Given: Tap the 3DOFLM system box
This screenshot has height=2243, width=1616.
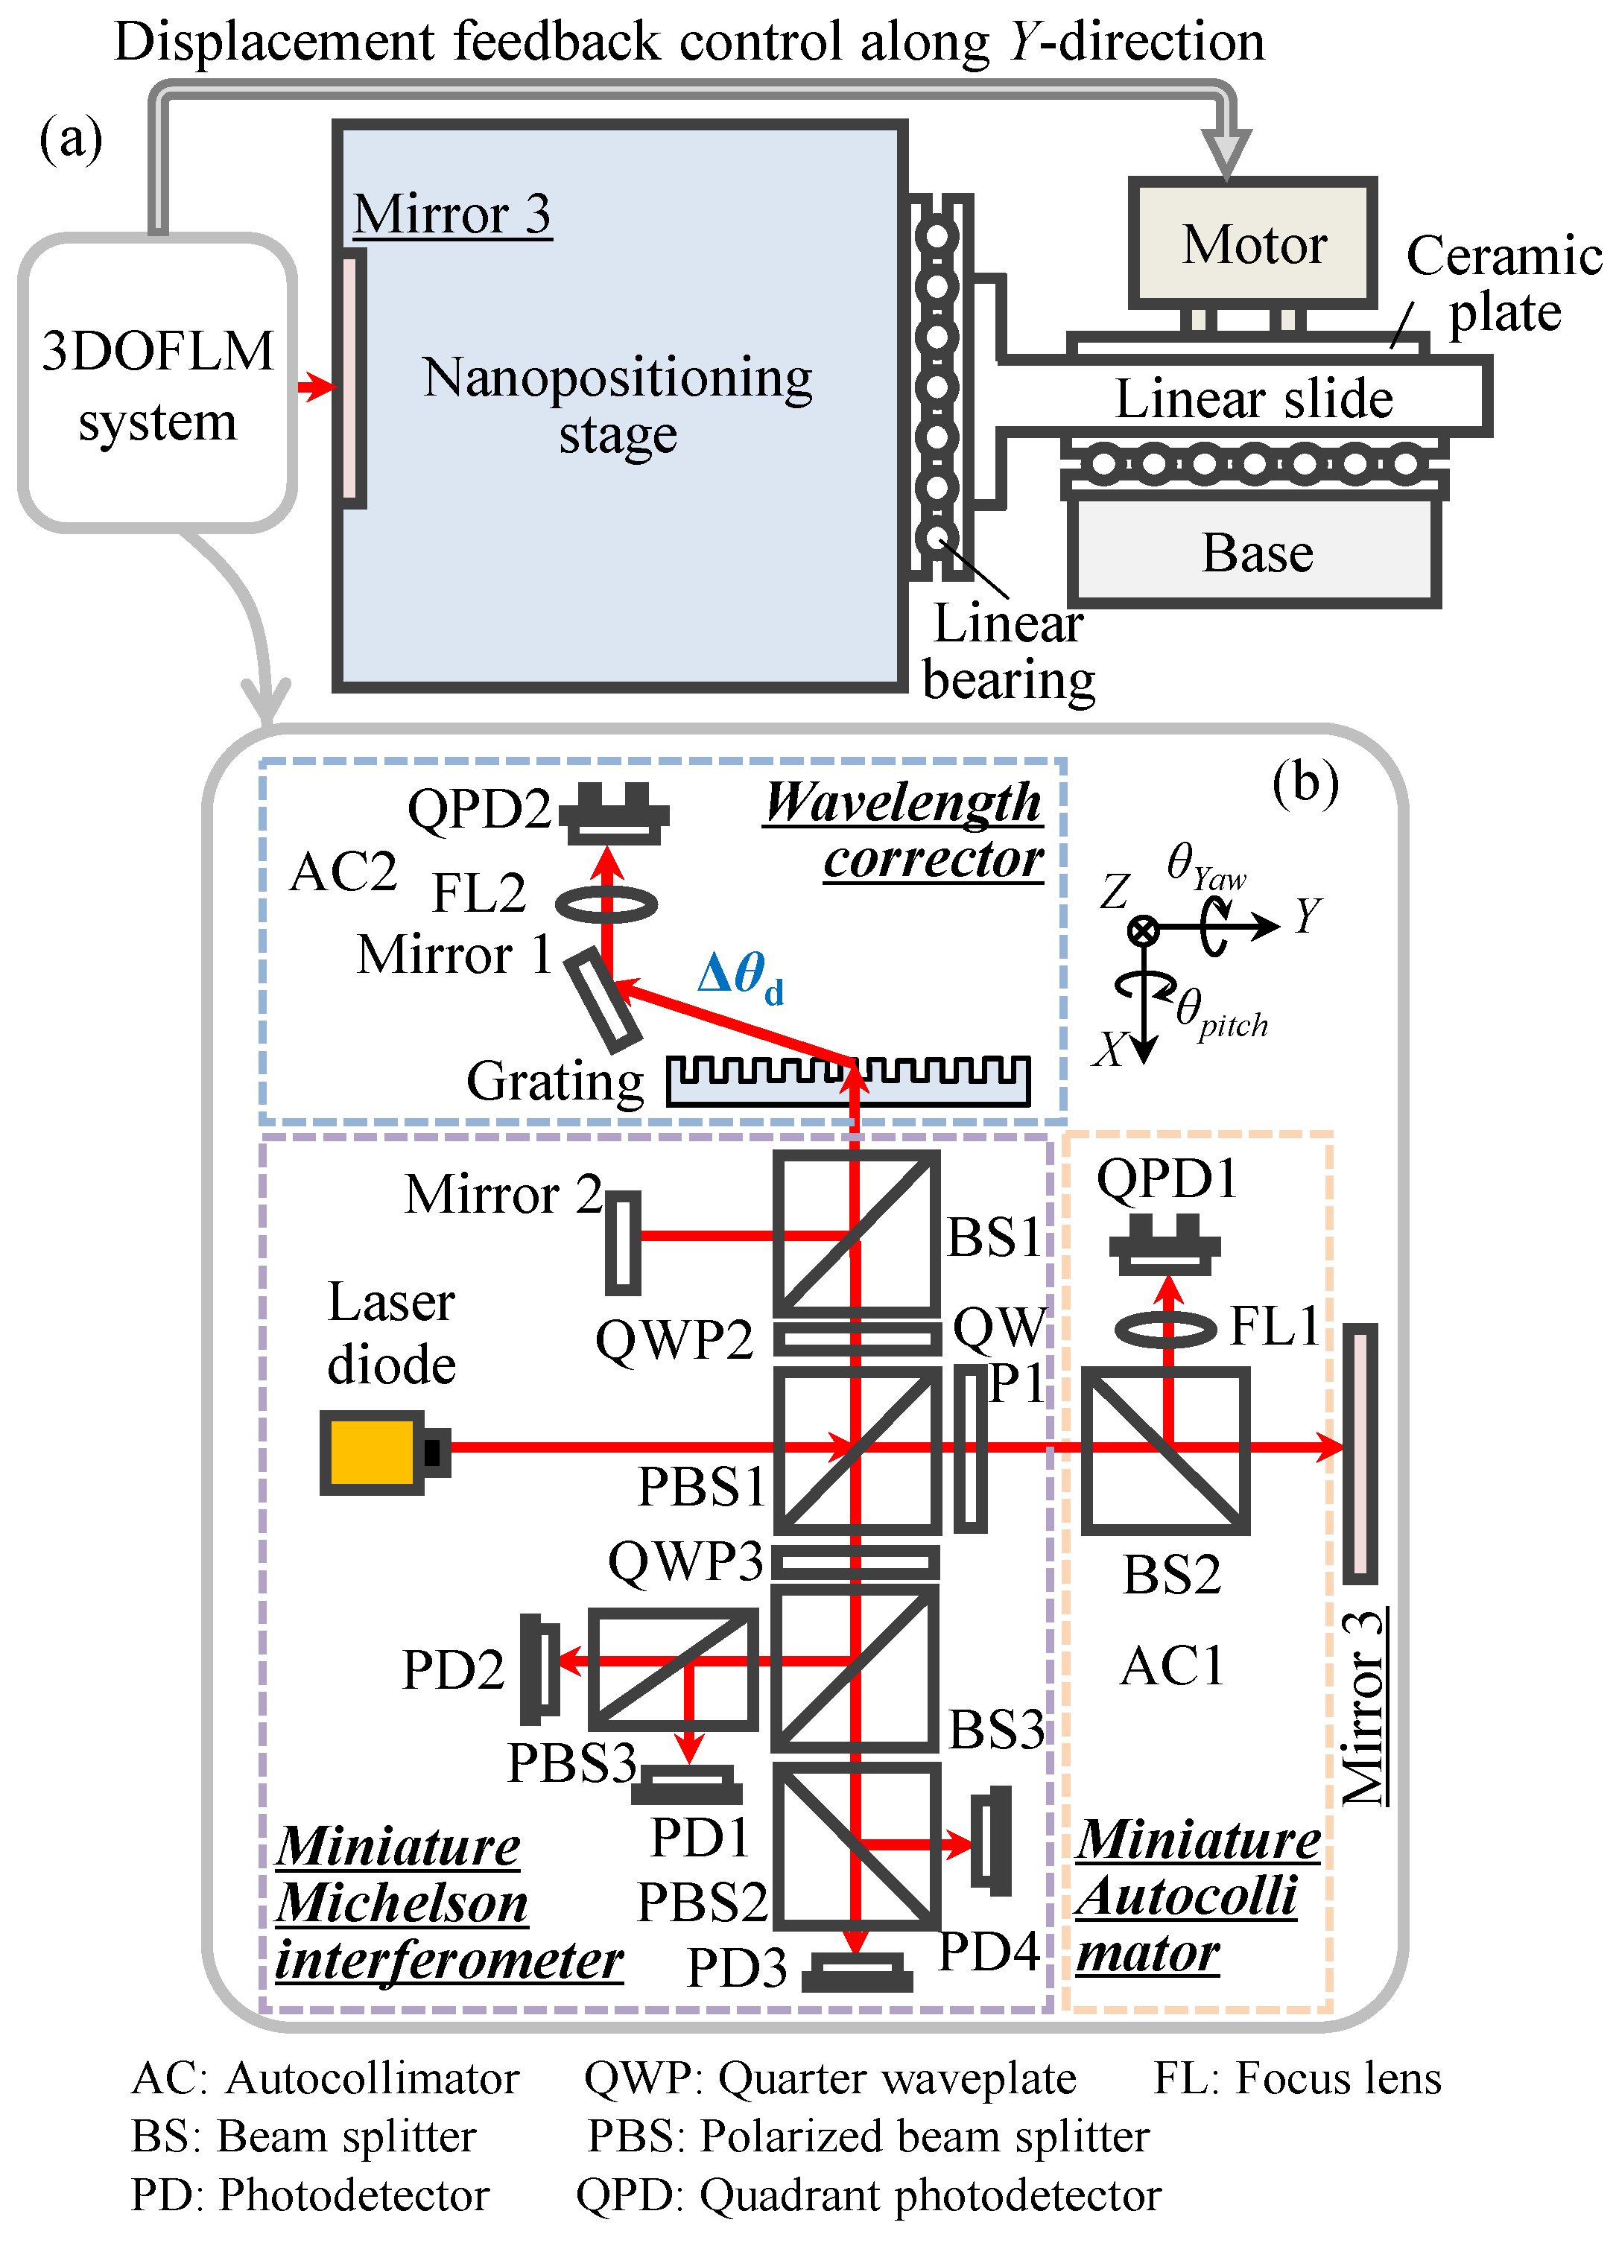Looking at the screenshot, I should tap(157, 384).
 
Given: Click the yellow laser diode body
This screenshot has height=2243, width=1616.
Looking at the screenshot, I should tap(371, 1452).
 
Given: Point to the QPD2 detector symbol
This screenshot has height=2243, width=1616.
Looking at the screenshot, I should tap(614, 813).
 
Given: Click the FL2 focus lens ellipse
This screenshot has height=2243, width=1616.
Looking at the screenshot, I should tap(606, 903).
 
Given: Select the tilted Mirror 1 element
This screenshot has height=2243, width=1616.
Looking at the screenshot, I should tap(602, 999).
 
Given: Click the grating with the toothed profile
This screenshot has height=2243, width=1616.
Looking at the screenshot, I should tap(849, 1080).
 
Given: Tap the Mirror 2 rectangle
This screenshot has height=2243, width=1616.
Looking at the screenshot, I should tap(622, 1242).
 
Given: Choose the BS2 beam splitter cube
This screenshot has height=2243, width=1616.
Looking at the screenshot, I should tap(1165, 1451).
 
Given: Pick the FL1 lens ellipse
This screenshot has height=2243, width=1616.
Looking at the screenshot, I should tap(1165, 1328).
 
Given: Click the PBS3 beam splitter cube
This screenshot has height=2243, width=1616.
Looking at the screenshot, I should tap(673, 1669).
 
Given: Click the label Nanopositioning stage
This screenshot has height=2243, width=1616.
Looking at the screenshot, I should tap(617, 405).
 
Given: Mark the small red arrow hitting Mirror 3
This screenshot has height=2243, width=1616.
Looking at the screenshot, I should tap(317, 386).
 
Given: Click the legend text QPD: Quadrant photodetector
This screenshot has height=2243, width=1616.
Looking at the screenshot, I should tap(867, 2195).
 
